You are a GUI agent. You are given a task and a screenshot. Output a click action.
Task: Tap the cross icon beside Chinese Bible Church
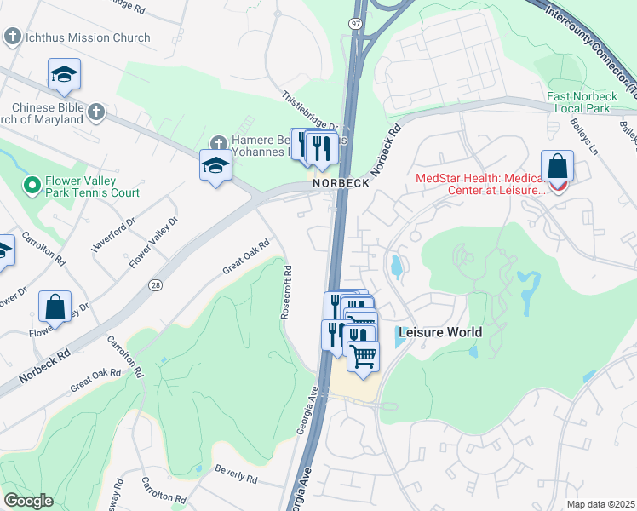click(96, 112)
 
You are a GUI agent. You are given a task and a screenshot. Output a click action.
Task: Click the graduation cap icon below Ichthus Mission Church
click(64, 76)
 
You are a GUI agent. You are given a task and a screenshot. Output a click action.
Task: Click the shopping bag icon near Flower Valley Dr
click(55, 307)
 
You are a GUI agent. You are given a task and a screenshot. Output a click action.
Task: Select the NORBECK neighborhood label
click(341, 183)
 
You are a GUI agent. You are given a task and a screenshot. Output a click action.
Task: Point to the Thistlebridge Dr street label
click(311, 112)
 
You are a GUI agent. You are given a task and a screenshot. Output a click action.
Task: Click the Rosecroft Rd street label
click(287, 292)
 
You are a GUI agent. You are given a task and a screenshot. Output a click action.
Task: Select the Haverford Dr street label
click(113, 235)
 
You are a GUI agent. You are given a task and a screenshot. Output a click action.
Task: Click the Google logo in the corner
click(28, 501)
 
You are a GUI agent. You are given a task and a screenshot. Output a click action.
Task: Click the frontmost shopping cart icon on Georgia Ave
click(363, 355)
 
